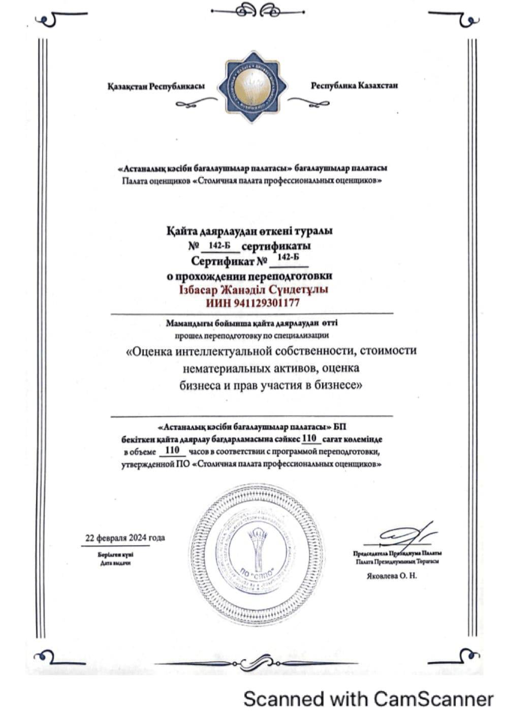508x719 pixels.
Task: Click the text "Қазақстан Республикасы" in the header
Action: pos(156,86)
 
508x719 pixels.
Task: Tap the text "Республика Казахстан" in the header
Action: pos(354,85)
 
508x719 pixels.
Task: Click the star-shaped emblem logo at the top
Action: pos(253,86)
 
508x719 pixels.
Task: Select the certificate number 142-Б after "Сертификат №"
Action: pos(289,257)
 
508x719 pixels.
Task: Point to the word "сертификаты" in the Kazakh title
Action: pos(276,246)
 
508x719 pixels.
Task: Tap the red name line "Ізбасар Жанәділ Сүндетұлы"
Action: pos(252,290)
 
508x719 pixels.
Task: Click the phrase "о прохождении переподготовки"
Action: pos(250,276)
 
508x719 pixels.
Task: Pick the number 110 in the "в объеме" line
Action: pos(173,450)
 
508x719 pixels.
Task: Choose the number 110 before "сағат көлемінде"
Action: pos(309,438)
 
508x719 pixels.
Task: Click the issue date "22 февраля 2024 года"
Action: pos(125,538)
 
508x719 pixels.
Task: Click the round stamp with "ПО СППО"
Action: pos(252,543)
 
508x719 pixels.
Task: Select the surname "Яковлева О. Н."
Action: pos(391,576)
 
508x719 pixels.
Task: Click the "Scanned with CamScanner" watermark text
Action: pos(368,699)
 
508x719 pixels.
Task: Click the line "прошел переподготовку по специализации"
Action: pos(252,335)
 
